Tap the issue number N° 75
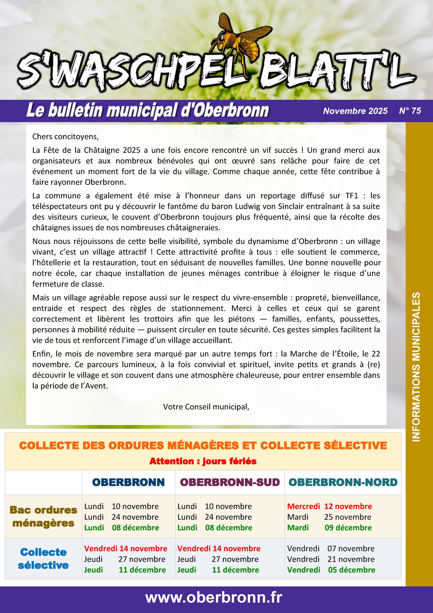(410, 111)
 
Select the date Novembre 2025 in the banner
(355, 111)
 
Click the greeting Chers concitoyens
(65, 137)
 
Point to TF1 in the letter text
(352, 196)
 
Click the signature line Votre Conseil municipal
(206, 407)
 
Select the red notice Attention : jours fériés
(203, 461)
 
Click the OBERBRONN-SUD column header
(230, 482)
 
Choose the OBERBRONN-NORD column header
(343, 482)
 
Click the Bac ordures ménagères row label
(44, 516)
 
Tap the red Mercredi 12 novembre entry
(329, 506)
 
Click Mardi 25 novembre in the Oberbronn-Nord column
(329, 517)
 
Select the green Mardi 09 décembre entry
(329, 528)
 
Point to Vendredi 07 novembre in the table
(331, 548)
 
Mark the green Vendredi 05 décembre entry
(331, 570)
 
